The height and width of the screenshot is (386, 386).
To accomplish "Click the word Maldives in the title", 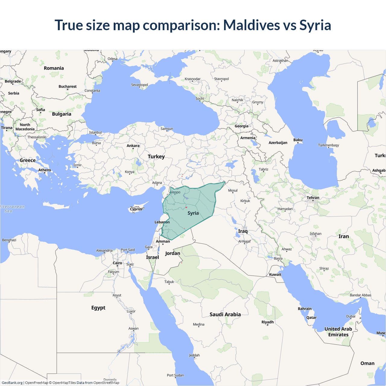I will [251, 25].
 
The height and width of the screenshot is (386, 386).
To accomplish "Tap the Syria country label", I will [193, 213].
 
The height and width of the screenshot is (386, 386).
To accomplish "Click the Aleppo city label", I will [175, 192].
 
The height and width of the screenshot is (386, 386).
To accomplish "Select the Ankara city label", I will [133, 146].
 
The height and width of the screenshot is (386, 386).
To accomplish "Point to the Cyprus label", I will [136, 209].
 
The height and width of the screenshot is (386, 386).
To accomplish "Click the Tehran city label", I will [313, 198].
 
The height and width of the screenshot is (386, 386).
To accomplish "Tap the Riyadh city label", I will [267, 322].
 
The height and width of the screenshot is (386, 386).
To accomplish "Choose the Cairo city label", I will [117, 263].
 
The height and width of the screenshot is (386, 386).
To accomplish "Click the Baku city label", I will [298, 140].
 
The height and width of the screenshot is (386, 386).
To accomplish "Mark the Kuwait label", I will [275, 274].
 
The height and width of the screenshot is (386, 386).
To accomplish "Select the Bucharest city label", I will [68, 87].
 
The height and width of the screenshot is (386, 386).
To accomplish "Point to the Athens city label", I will [45, 170].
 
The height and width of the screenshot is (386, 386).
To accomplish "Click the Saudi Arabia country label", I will [225, 315].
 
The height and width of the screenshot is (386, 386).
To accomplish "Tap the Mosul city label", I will [233, 191].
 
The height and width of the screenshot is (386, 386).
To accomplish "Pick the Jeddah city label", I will [194, 355].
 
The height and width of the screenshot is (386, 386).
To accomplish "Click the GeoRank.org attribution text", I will [12, 383].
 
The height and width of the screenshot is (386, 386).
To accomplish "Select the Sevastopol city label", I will [139, 85].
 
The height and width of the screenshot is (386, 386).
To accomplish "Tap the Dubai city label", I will [351, 316].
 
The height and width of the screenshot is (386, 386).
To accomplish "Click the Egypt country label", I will [98, 308].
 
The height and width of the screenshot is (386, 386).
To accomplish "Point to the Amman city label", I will [163, 241].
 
